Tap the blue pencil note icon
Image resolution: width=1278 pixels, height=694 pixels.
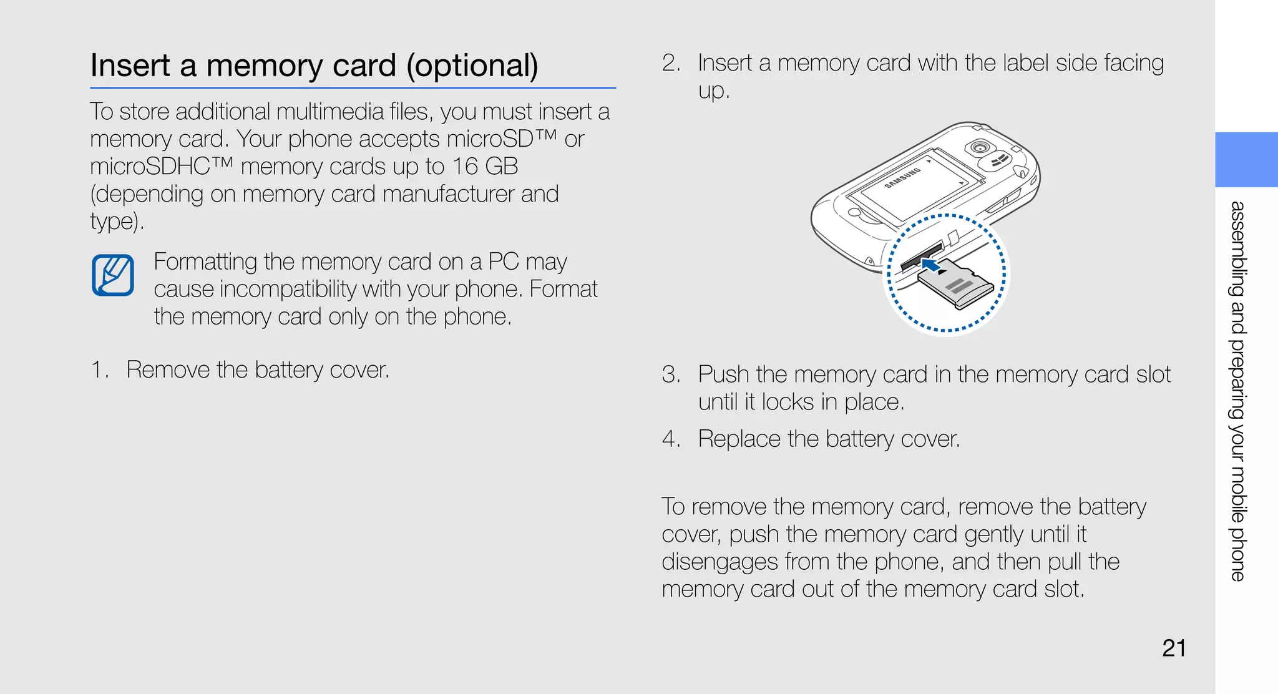tap(113, 275)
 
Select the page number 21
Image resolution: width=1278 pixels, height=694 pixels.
tap(1174, 648)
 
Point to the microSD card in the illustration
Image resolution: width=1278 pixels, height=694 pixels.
tap(956, 285)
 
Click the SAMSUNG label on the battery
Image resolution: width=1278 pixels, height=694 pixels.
tap(903, 178)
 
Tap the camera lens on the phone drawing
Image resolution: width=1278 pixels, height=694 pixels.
tap(980, 148)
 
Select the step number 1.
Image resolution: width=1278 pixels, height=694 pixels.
tap(99, 369)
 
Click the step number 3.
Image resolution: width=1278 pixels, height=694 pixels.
tap(670, 374)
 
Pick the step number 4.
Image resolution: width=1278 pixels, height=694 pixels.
tap(670, 439)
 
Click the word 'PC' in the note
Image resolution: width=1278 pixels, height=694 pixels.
tap(503, 261)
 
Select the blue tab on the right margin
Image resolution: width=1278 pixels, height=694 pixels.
tap(1246, 159)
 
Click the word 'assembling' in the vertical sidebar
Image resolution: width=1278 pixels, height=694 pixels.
tap(1237, 249)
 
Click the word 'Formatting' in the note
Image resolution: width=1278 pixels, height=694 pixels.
tap(205, 261)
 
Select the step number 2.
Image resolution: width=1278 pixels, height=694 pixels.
tap(670, 63)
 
